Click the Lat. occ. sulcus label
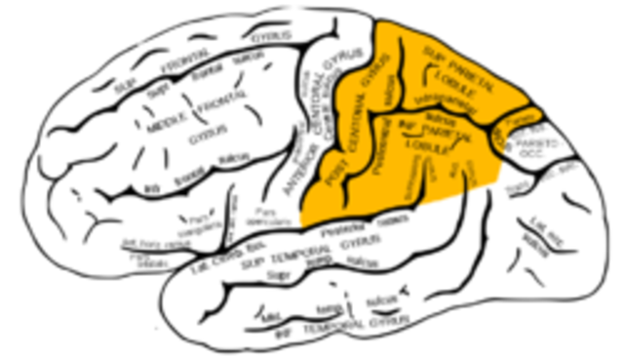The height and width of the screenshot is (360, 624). pos(531,234)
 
